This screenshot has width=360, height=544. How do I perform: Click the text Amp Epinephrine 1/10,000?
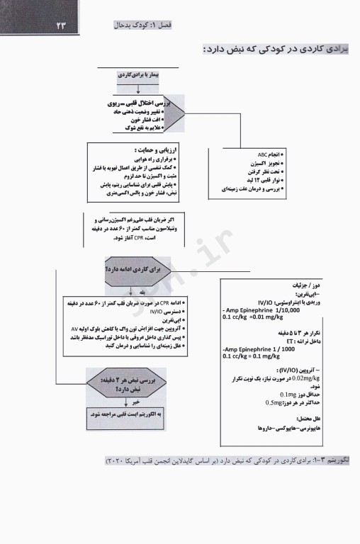pos(260,310)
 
